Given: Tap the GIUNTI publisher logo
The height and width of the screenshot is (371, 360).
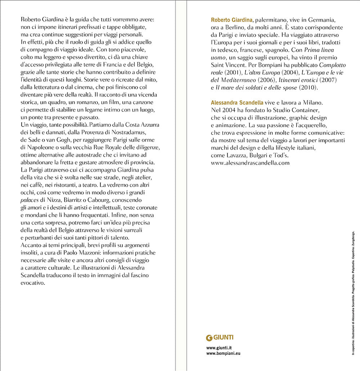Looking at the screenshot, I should (220, 338).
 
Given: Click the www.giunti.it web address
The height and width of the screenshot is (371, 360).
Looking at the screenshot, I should (219, 348).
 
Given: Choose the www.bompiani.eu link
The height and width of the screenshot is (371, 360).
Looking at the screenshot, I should (223, 353).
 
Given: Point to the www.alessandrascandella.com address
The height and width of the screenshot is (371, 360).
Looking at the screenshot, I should (250, 163).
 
